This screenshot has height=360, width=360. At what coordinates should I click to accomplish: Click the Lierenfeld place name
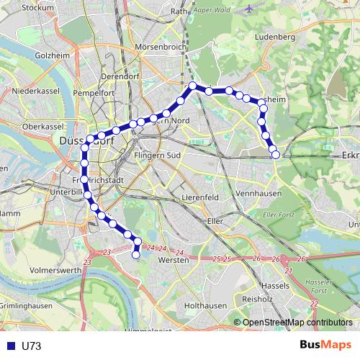pos(201,197)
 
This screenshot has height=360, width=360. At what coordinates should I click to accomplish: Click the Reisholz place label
pos(257,297)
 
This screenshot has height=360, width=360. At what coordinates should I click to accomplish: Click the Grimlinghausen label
pos(25,305)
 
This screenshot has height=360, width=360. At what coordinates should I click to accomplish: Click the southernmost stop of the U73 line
pos(136,253)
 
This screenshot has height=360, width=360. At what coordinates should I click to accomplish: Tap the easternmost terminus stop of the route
pos(275,154)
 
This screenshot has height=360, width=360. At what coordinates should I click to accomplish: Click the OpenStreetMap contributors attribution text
pos(297,323)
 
